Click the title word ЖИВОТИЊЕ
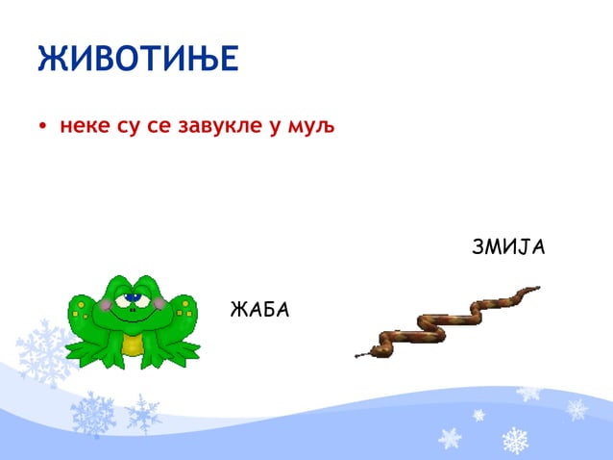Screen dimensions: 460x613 pos(137,60)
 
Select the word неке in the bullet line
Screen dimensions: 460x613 pos(86,125)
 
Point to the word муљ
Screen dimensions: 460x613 pos(313,125)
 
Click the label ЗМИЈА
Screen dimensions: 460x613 pos(508,247)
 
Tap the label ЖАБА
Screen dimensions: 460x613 pos(259,310)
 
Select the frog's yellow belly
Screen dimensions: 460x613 pos(134,342)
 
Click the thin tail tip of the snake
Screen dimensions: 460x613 pos(536,287)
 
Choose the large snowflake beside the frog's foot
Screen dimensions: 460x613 pos(43,351)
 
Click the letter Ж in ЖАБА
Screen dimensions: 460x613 pos(238,310)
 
